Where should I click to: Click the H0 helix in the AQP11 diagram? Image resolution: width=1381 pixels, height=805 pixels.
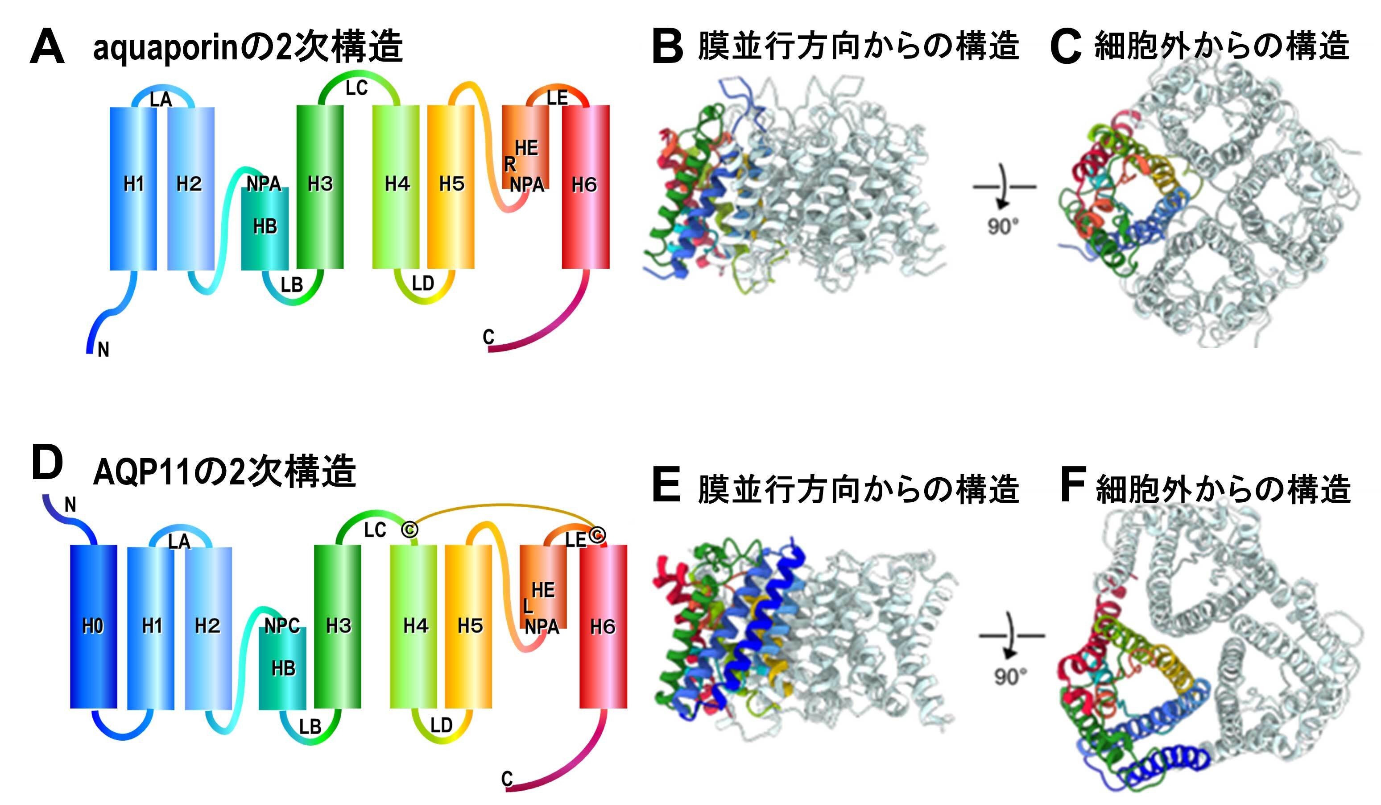click(x=93, y=626)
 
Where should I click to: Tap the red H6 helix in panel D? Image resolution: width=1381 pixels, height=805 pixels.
click(x=603, y=626)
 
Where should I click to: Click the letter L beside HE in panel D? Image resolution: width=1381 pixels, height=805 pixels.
click(x=528, y=606)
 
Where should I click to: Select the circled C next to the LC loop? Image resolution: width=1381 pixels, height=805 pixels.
click(x=409, y=530)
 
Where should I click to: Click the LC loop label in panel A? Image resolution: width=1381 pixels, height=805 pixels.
click(x=357, y=88)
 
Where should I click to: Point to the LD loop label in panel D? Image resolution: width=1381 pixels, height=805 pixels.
click(x=441, y=726)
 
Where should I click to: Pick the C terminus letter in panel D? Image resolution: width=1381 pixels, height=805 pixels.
click(x=507, y=778)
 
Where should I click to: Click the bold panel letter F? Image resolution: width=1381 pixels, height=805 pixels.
click(x=1072, y=485)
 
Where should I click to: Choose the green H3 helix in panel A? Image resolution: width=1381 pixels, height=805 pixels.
click(x=320, y=187)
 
